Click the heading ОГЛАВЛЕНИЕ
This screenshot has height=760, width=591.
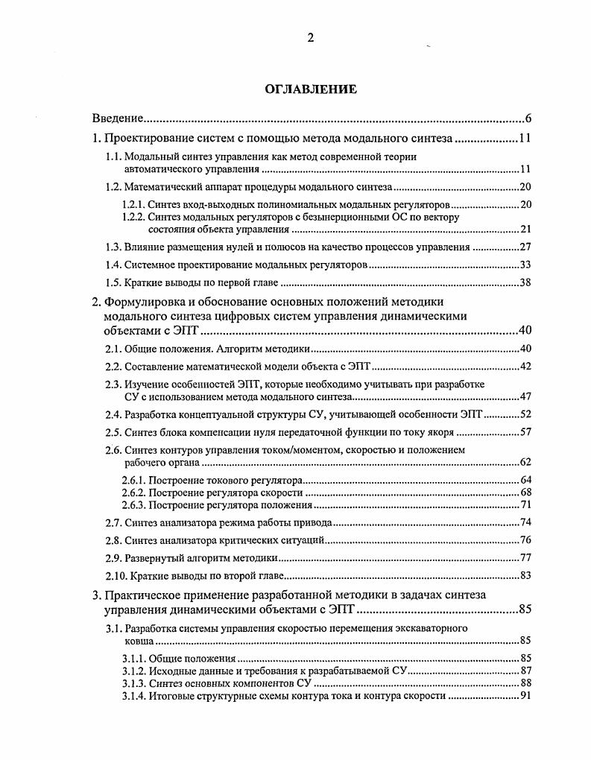pyautogui.click(x=311, y=89)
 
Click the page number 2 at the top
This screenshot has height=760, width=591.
pyautogui.click(x=311, y=39)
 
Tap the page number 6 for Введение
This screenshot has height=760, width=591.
pyautogui.click(x=527, y=118)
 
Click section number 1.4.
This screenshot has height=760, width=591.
pyautogui.click(x=113, y=265)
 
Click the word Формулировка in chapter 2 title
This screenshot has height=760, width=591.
pyautogui.click(x=150, y=302)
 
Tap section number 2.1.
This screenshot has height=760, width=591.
pyautogui.click(x=113, y=349)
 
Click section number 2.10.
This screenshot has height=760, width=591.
pyautogui.click(x=116, y=575)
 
